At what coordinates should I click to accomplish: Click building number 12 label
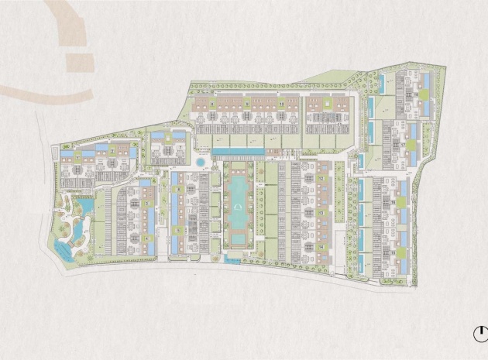click(x=319, y=178)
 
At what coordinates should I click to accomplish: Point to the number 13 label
click(x=319, y=211)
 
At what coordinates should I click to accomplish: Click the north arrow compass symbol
click(x=479, y=334)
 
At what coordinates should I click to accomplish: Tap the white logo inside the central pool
click(x=239, y=206)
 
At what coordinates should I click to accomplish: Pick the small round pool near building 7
click(x=201, y=163)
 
